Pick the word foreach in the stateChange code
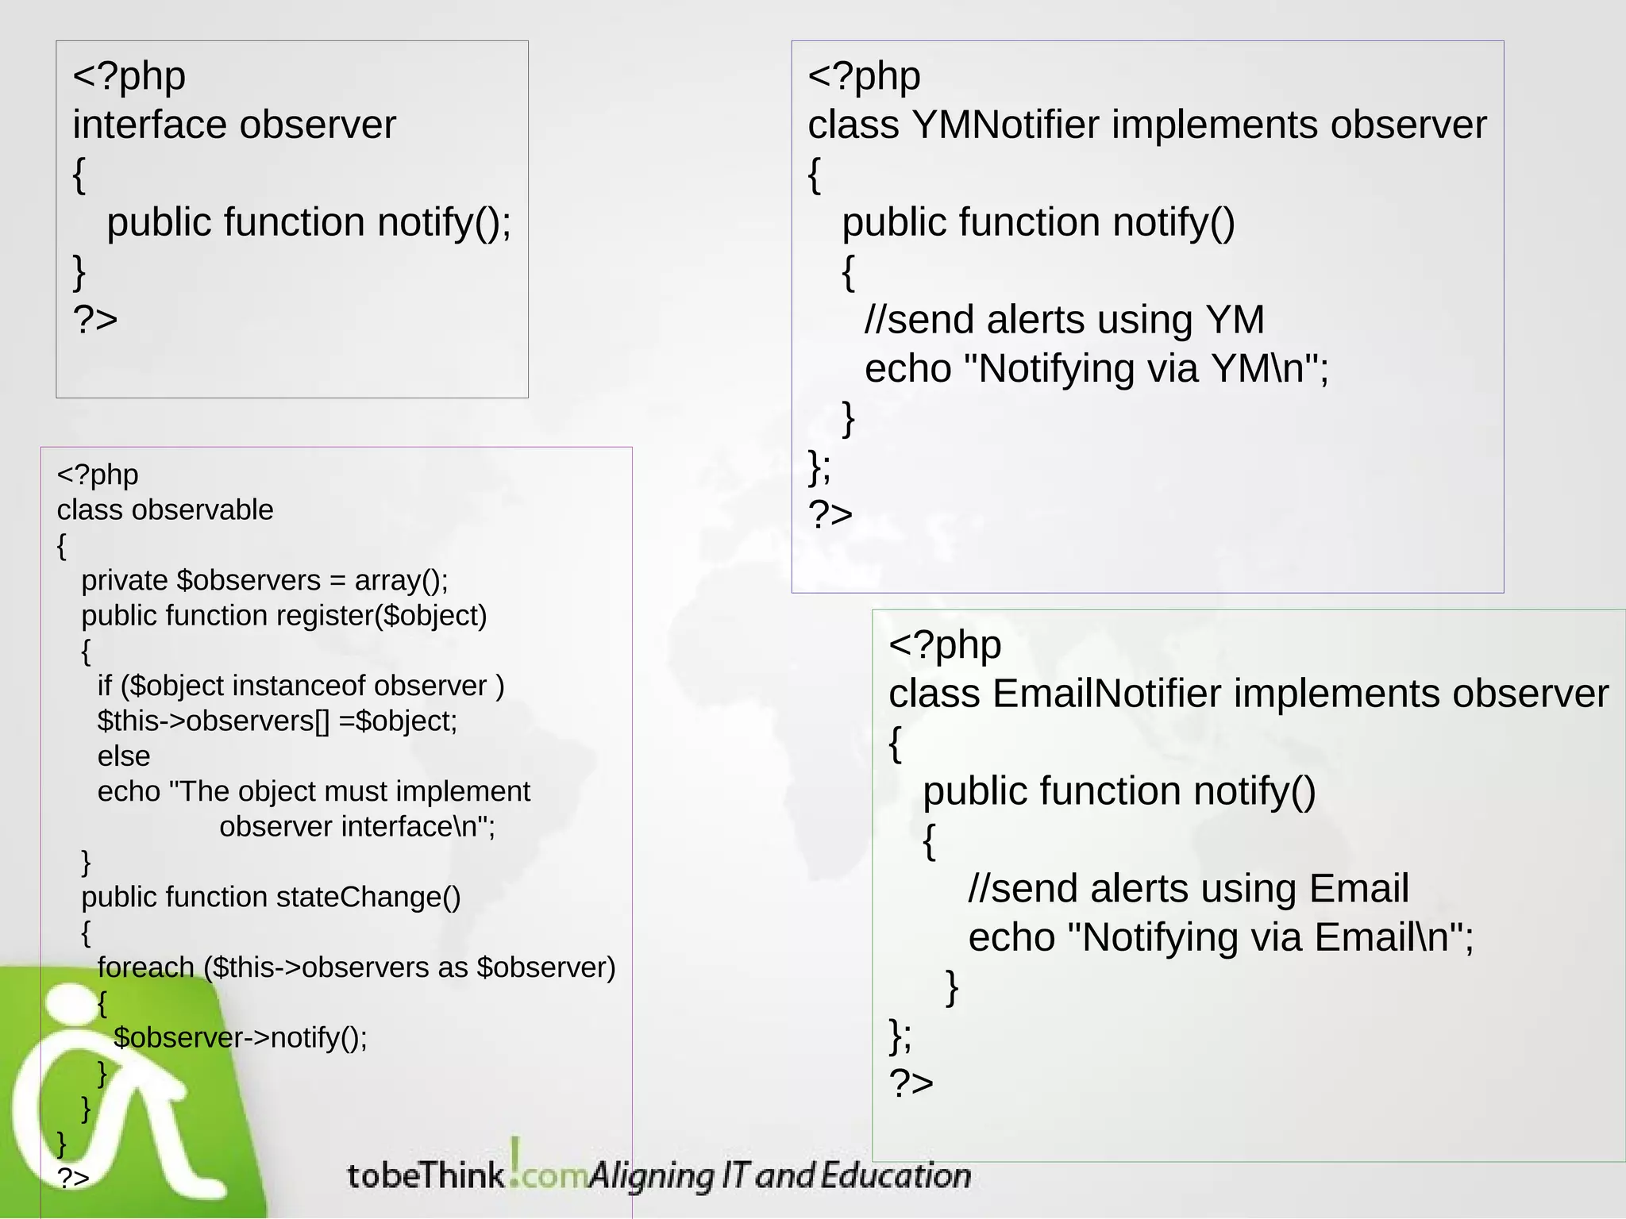tap(145, 967)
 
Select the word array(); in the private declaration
tap(401, 580)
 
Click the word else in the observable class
tap(123, 756)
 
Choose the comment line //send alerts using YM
tap(1064, 320)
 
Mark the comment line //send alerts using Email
tap(1188, 888)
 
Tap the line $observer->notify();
tap(241, 1038)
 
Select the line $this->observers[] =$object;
tap(277, 721)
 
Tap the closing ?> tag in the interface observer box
tap(95, 319)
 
